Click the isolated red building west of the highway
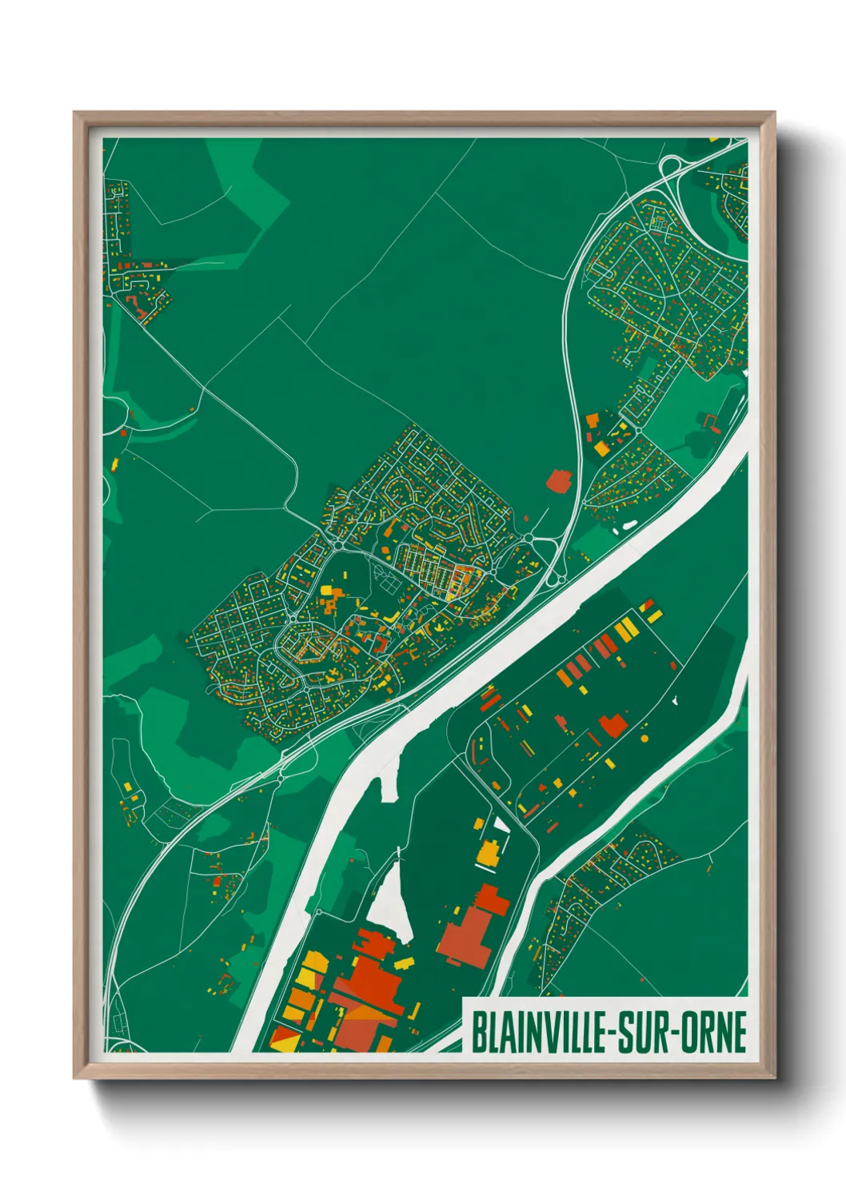pyautogui.click(x=558, y=480)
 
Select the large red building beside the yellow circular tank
pyautogui.click(x=613, y=725)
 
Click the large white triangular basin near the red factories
pyautogui.click(x=393, y=903)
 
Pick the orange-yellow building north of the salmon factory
pyautogui.click(x=487, y=852)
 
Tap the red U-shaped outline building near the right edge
pyautogui.click(x=710, y=421)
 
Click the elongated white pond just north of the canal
pyautogui.click(x=629, y=525)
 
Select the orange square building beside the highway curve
pyautogui.click(x=593, y=420)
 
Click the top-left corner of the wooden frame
pyautogui.click(x=75, y=114)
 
